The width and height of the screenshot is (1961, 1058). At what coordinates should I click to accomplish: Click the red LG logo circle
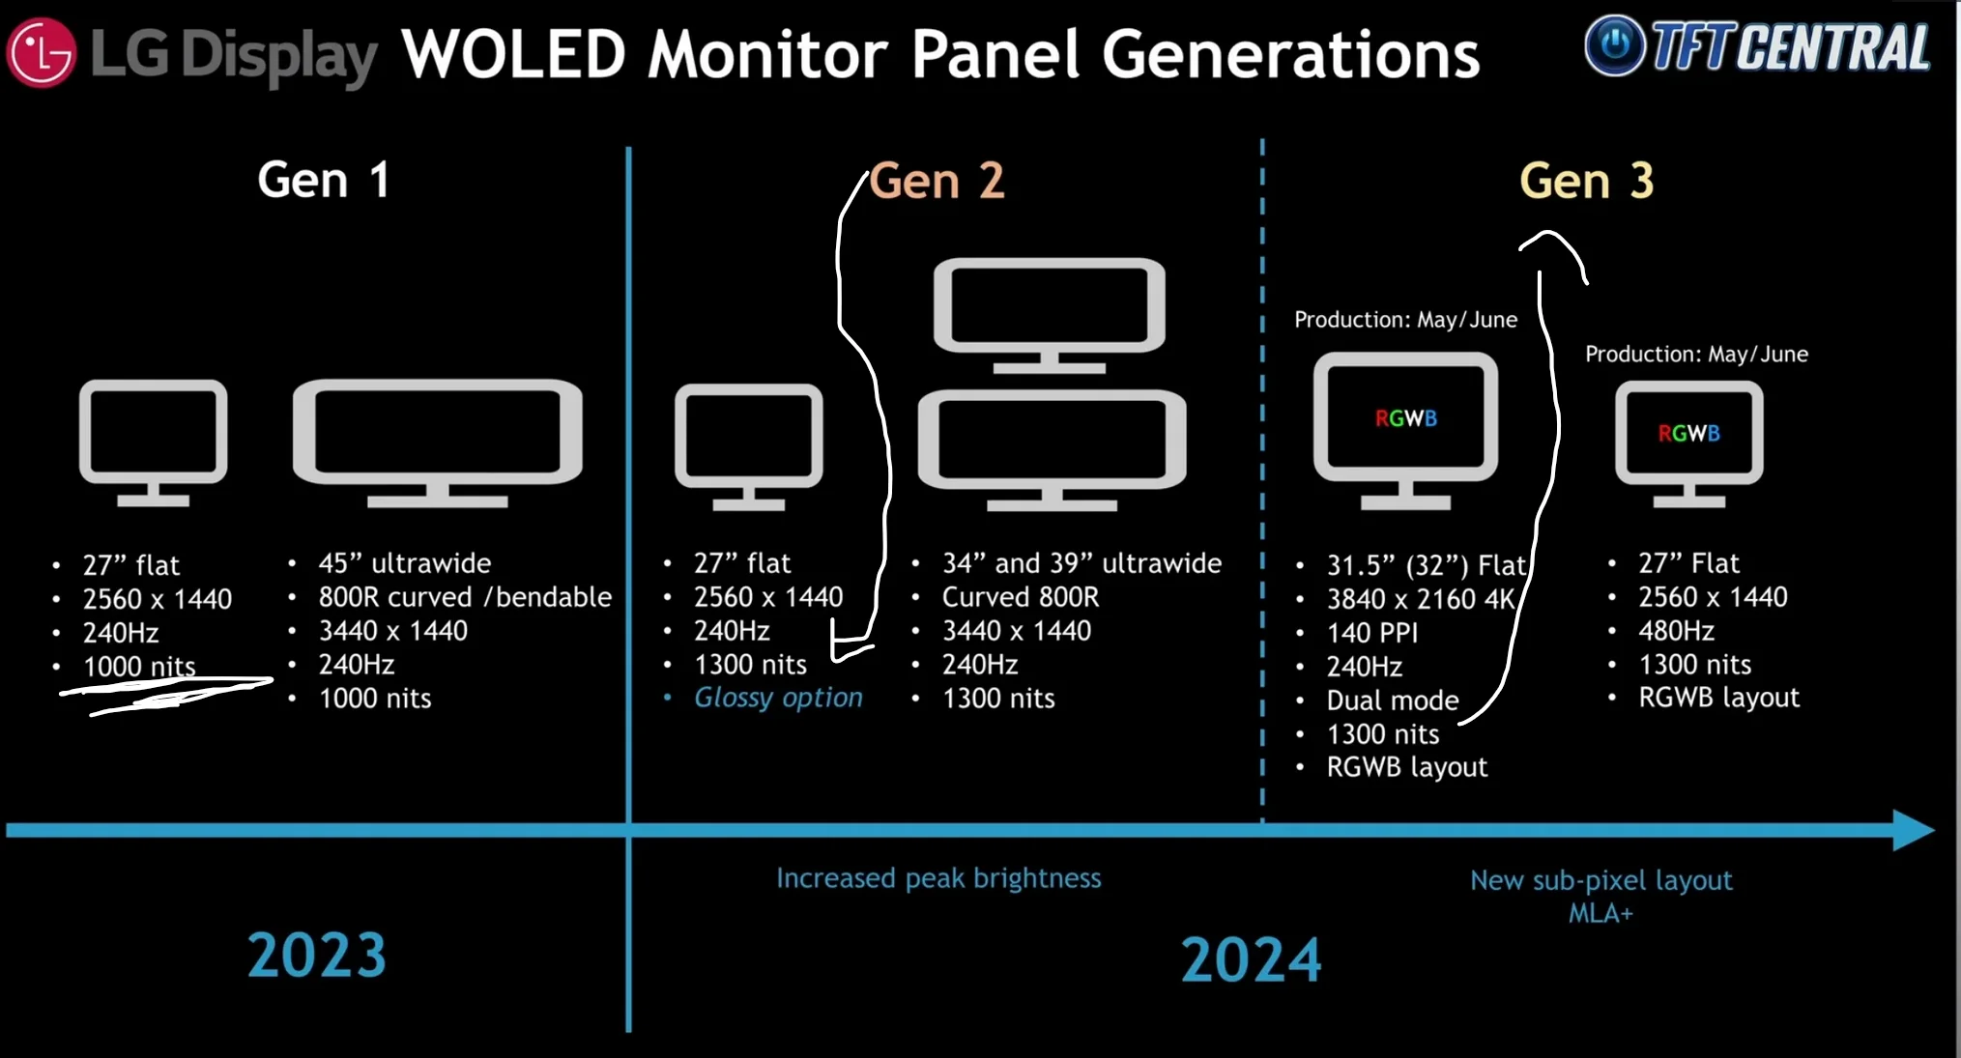coord(41,52)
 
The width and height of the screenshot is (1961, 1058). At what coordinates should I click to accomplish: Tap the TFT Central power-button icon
coord(1614,44)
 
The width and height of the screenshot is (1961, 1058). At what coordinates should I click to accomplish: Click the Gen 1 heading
coord(324,180)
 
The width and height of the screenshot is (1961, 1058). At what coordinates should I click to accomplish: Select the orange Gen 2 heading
coord(937,181)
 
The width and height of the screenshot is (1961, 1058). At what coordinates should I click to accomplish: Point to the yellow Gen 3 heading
coord(1586,181)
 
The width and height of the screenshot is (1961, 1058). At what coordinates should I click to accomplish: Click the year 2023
coord(317,955)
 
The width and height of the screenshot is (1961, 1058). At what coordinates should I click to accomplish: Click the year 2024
coord(1251,959)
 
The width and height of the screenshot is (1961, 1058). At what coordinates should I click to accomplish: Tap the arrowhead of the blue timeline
coord(1912,830)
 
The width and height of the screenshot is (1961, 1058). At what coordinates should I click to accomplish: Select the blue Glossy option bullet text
coord(778,698)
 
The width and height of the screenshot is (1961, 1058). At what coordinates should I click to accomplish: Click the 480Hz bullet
coord(1676,631)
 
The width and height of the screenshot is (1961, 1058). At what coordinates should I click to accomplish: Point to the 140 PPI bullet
coord(1371,633)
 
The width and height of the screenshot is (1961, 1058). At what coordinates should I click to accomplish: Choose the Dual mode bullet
coord(1392,701)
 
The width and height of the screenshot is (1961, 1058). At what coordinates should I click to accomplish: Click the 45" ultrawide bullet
coord(404,563)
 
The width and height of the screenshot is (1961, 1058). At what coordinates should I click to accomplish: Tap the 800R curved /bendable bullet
coord(465,597)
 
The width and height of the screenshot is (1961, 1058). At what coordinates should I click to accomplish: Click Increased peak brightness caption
coord(938,878)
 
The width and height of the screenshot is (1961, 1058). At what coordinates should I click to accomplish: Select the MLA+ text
coord(1601,913)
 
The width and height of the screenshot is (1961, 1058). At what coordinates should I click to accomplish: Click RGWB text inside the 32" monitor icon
coord(1405,418)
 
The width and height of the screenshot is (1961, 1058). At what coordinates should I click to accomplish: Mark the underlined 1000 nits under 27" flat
coord(139,667)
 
